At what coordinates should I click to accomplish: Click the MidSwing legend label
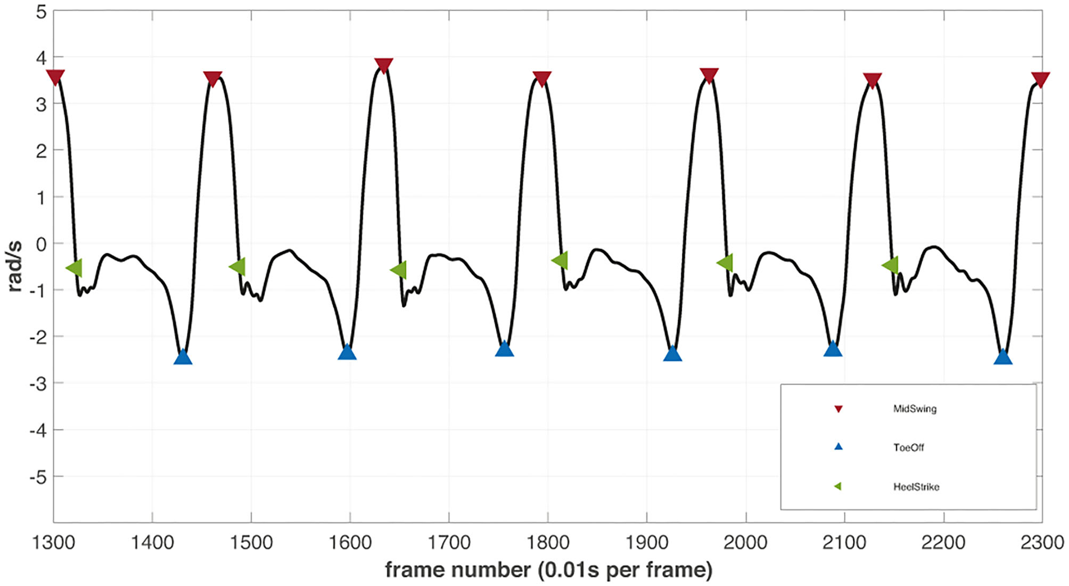pos(915,409)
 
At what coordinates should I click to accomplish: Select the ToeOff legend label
pos(909,448)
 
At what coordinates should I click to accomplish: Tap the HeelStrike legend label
pos(916,487)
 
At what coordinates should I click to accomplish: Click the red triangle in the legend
pos(838,409)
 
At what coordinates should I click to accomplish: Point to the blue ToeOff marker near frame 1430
pos(183,358)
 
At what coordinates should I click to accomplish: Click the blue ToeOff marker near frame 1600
pos(347,353)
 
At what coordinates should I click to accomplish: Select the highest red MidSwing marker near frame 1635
pos(384,65)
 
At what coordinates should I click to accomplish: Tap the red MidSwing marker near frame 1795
pos(542,78)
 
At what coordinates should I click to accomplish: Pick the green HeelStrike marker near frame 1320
pos(74,268)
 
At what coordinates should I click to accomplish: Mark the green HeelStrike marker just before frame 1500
pos(238,266)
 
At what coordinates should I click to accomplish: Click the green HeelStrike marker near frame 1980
pos(725,263)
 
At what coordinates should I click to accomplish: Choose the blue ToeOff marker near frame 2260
pos(1003,357)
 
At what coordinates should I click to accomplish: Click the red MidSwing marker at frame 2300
pos(1040,79)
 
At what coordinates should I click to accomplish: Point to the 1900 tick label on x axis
pos(646,543)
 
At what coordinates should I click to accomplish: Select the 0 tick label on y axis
pos(41,244)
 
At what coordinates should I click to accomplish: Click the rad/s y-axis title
pos(14,266)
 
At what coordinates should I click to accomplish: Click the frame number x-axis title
pos(548,570)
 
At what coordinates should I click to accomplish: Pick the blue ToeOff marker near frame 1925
pos(673,354)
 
